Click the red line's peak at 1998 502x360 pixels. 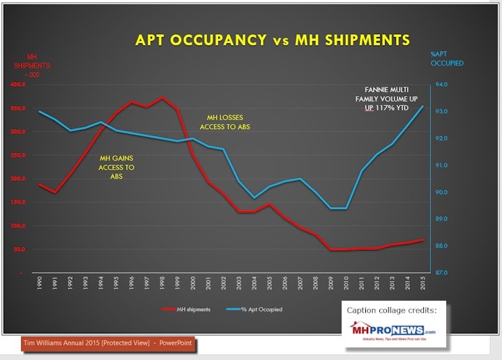pyautogui.click(x=162, y=97)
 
